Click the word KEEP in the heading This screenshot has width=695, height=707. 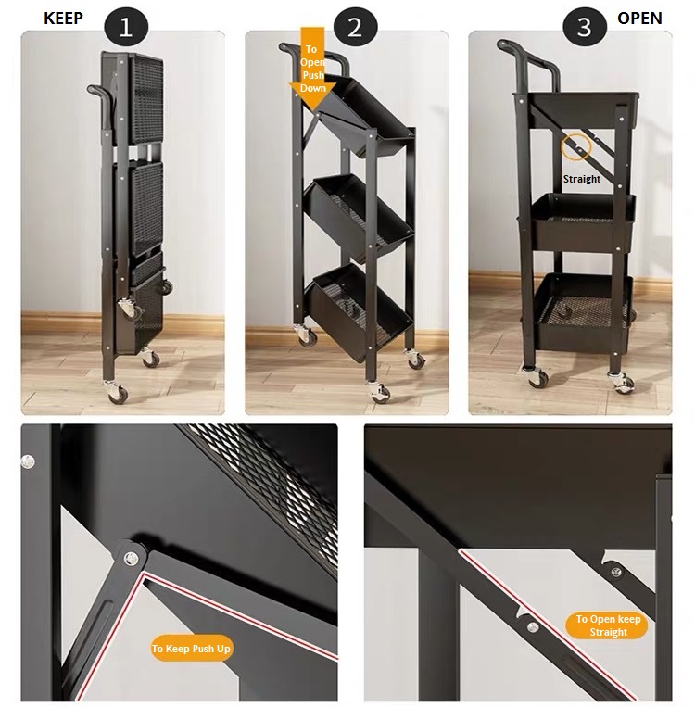(63, 19)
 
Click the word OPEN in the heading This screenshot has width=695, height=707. (639, 19)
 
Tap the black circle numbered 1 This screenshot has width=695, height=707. (126, 28)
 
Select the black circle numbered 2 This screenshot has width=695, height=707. (356, 28)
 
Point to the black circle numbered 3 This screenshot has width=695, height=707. (585, 28)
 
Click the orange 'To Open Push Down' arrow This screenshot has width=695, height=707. (312, 68)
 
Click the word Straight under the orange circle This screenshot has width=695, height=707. (582, 179)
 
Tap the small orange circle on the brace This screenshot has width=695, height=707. (576, 146)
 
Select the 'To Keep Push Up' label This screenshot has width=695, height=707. (191, 649)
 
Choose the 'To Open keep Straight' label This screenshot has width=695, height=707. (608, 625)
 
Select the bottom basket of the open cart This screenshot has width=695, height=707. (583, 312)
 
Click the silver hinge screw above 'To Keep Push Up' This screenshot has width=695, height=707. (132, 558)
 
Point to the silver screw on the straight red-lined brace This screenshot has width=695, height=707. (533, 626)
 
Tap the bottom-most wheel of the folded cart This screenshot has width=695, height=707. (117, 392)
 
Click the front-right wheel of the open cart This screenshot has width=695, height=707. (623, 383)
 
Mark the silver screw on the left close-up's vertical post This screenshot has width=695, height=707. (28, 461)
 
